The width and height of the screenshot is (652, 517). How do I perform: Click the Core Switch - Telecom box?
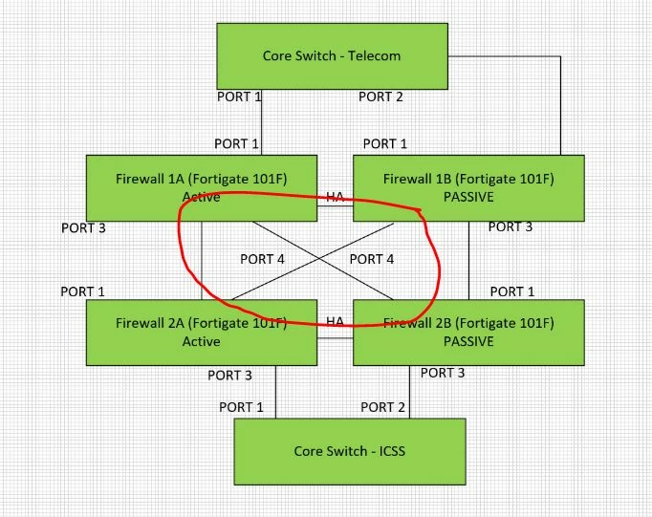[x=333, y=56]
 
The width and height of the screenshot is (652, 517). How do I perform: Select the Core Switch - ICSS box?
[x=350, y=451]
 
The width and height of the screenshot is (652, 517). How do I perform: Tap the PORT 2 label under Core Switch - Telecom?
[x=380, y=97]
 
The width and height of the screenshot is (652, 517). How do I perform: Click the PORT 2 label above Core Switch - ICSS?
[x=382, y=407]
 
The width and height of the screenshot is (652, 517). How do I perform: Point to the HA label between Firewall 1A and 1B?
[x=335, y=196]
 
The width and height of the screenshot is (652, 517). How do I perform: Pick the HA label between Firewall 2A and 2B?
[x=335, y=321]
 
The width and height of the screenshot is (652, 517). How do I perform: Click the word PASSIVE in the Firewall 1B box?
[x=468, y=197]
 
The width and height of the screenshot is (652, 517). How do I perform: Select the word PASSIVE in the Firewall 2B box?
[x=468, y=341]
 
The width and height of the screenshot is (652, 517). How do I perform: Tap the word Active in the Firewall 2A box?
[x=202, y=341]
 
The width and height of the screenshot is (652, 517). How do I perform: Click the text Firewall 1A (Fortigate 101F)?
[x=202, y=179]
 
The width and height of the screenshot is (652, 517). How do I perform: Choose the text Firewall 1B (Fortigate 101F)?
[x=468, y=179]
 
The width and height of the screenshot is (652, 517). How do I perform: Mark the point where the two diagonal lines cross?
[x=319, y=259]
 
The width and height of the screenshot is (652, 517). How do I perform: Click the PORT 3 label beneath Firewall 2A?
[x=229, y=376]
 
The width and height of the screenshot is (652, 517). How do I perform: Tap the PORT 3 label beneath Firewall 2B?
[x=443, y=373]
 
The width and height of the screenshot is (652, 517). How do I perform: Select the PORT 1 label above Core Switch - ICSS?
[x=241, y=407]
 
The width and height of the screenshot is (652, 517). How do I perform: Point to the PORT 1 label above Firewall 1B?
[x=385, y=143]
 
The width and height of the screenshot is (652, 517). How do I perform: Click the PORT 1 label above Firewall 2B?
[x=512, y=291]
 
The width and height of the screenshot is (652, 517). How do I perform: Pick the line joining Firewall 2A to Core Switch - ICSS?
[x=275, y=392]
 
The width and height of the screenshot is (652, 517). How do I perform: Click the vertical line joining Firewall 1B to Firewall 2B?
[x=469, y=261]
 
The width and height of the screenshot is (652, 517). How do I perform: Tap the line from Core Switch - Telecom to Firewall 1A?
[x=262, y=122]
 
